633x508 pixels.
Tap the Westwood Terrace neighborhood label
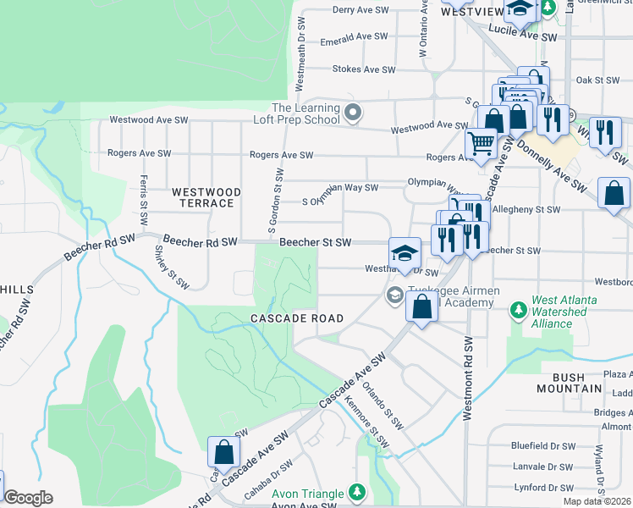(206, 198)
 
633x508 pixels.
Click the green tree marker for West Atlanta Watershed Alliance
(518, 312)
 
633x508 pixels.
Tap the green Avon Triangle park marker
(358, 493)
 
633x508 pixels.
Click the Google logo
(28, 498)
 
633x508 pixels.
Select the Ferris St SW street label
(144, 202)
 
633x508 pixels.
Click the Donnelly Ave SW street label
(551, 163)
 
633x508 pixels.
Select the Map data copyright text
(597, 501)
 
